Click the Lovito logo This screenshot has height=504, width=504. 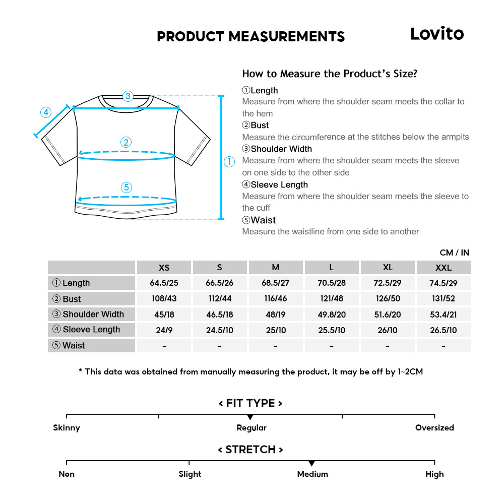tap(436, 34)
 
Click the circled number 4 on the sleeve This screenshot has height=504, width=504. tap(46, 112)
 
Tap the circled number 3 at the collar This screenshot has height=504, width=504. tap(128, 96)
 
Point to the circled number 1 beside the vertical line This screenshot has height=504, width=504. tap(229, 162)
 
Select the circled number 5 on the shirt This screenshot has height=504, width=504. tap(127, 187)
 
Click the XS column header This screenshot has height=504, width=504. tap(164, 268)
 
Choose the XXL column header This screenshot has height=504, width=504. tap(444, 268)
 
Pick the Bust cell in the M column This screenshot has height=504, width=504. tap(276, 298)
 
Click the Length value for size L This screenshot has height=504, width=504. tap(331, 283)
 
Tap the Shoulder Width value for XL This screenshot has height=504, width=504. tap(388, 314)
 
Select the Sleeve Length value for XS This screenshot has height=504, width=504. tap(164, 330)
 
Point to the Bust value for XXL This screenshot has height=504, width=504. tap(444, 298)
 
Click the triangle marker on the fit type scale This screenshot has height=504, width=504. tap(250, 417)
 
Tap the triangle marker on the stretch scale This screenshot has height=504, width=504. tap(311, 463)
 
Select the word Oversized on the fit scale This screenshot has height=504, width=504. tap(434, 428)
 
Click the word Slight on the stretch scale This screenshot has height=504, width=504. tap(190, 474)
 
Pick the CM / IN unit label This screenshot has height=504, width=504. tap(454, 253)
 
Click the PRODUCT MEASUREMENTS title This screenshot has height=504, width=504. tap(250, 37)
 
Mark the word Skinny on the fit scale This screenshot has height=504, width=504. tap(67, 428)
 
